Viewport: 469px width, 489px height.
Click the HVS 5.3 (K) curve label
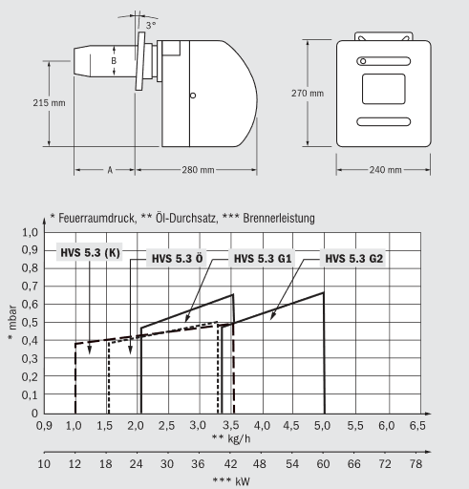pyautogui.click(x=90, y=253)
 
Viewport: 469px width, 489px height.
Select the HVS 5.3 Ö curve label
pyautogui.click(x=177, y=259)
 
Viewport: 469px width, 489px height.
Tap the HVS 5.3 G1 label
pyautogui.click(x=263, y=259)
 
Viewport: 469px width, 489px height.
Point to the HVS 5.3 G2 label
pyautogui.click(x=353, y=259)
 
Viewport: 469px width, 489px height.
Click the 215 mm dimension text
pyautogui.click(x=49, y=103)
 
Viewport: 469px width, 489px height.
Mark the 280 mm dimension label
pyautogui.click(x=198, y=170)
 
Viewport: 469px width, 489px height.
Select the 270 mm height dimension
pyautogui.click(x=308, y=94)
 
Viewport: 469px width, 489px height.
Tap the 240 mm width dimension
pyautogui.click(x=385, y=170)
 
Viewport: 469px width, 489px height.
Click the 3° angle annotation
pyautogui.click(x=151, y=26)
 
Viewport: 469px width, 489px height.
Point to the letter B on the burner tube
pyautogui.click(x=114, y=60)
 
